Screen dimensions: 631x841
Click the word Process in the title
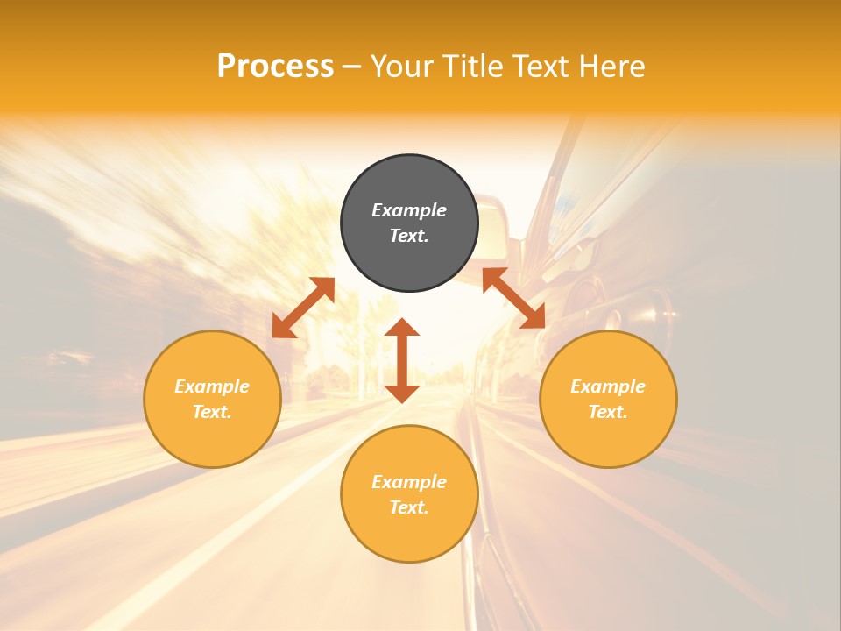point(275,67)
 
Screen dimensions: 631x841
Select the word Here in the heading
point(611,67)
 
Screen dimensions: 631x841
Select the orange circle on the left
point(212,438)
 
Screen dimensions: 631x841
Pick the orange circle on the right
point(608,438)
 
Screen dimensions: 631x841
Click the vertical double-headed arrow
point(402,360)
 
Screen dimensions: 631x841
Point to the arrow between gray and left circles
point(303,308)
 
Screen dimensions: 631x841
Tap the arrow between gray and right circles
point(514,298)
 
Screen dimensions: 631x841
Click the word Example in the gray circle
point(409,210)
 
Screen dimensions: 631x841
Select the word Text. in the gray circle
point(409,236)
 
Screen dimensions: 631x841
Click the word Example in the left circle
point(212,386)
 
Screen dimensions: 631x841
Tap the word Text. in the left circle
point(212,412)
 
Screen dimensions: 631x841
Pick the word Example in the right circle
point(608,386)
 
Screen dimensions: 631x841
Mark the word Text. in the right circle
point(608,412)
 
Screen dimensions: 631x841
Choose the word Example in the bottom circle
point(409,482)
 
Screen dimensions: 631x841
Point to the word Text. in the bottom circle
point(409,507)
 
